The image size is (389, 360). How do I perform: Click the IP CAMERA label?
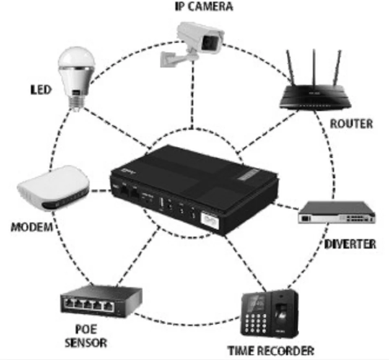coord(199,7)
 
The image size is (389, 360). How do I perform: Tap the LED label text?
coord(42,89)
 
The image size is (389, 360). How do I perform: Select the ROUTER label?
coord(351,124)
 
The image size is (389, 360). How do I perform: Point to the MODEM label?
coord(32,227)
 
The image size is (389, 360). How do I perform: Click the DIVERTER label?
coord(350,244)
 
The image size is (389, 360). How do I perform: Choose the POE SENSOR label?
coord(86,335)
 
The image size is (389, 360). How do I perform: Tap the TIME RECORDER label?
coord(271,350)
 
